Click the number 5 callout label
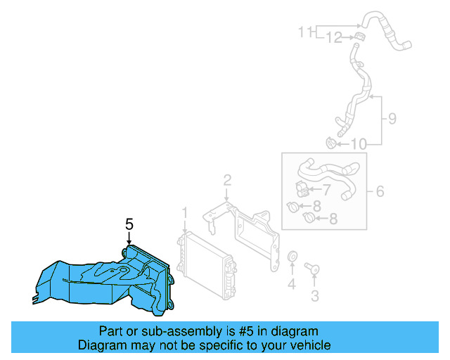click(129, 224)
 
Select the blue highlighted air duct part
click(112, 281)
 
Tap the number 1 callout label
click(185, 212)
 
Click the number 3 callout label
click(314, 295)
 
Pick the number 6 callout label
click(379, 191)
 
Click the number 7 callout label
click(326, 189)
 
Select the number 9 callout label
click(392, 119)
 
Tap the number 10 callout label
click(358, 145)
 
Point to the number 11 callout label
click(304, 32)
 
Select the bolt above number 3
click(312, 268)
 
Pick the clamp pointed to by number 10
click(330, 143)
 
